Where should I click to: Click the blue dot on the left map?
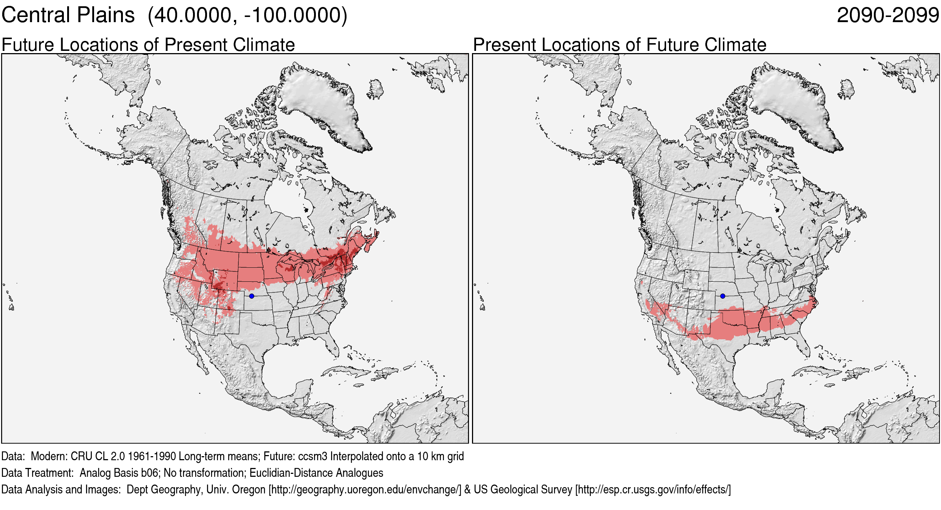point(252,296)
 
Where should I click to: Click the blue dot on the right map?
point(723,296)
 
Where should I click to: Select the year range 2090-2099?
point(887,15)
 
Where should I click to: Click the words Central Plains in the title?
point(68,15)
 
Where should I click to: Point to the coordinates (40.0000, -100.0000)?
point(247,15)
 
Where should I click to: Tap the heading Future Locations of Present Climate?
point(148,45)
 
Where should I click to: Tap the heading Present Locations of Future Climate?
point(620,45)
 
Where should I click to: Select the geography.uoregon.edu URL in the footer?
point(365,489)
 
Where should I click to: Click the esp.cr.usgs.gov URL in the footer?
point(653,489)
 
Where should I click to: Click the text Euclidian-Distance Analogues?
point(316,473)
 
